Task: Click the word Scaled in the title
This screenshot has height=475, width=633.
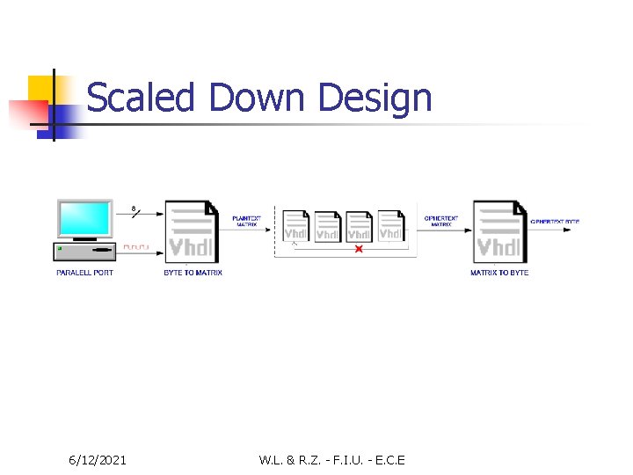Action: coord(140,97)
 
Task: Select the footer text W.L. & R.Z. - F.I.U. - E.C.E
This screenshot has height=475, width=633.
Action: coord(331,459)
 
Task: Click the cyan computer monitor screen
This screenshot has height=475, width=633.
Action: coord(84,219)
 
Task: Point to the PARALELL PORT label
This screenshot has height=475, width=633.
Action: coord(84,273)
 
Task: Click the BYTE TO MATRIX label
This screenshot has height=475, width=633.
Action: coord(193,273)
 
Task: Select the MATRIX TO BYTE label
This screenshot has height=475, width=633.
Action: coord(498,273)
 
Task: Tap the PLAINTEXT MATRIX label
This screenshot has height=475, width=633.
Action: coord(246,221)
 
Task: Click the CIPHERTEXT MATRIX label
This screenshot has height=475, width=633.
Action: coord(440,221)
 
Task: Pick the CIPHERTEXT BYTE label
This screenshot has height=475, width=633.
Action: coord(555,221)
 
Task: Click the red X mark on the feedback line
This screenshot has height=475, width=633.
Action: coord(358,250)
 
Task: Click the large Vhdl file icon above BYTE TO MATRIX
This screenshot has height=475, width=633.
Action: coord(191,231)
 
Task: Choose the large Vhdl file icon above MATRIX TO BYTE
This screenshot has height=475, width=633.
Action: coord(499,231)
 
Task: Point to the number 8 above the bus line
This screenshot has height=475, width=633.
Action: coord(134,208)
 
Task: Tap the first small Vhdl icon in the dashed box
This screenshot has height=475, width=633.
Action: coord(295,226)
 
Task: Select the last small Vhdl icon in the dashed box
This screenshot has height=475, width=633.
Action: coord(390,226)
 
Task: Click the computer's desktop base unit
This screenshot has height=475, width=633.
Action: coord(84,252)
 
